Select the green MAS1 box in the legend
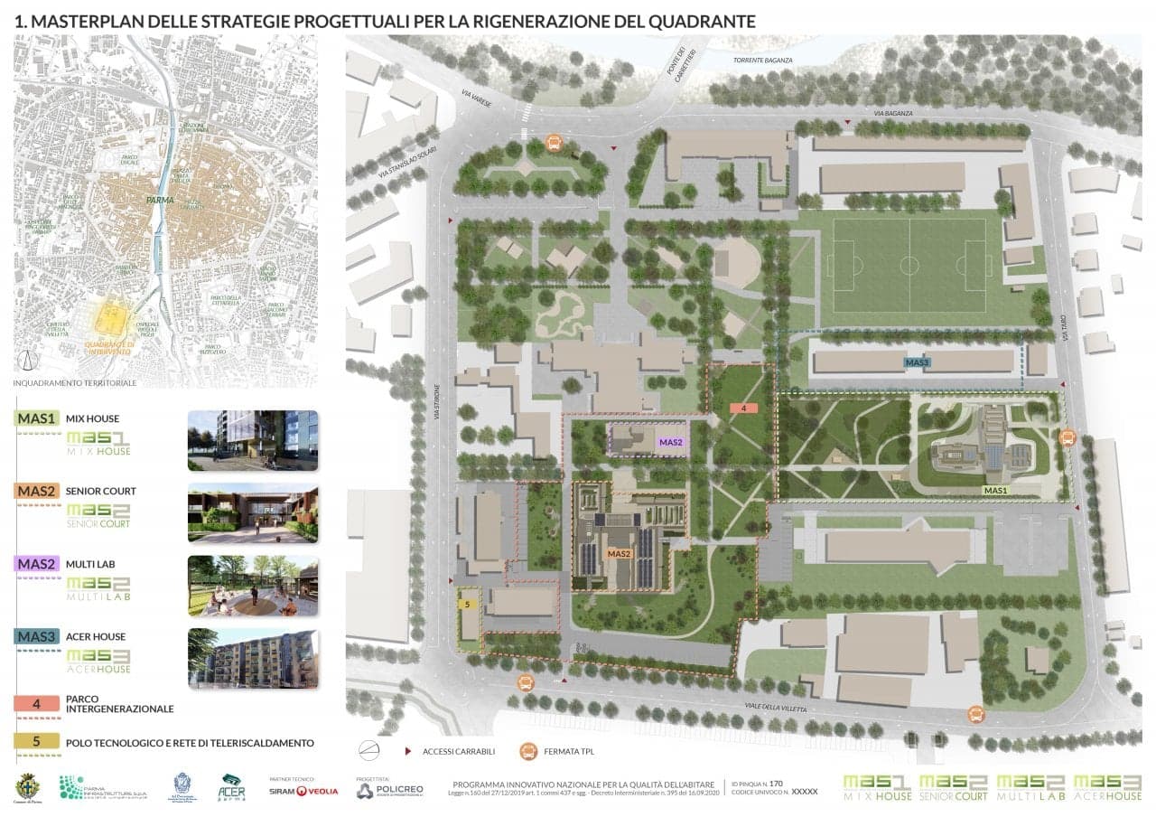pyautogui.click(x=37, y=418)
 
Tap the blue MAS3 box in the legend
pyautogui.click(x=37, y=636)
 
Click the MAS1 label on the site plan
pyautogui.click(x=995, y=491)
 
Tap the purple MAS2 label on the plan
pyautogui.click(x=670, y=442)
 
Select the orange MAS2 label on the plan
pyautogui.click(x=619, y=553)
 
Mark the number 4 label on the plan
pyautogui.click(x=743, y=408)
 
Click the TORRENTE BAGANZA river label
pyautogui.click(x=763, y=60)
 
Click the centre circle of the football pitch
pyautogui.click(x=909, y=266)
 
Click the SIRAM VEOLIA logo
pyautogui.click(x=303, y=791)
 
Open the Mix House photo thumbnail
pyautogui.click(x=252, y=440)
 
